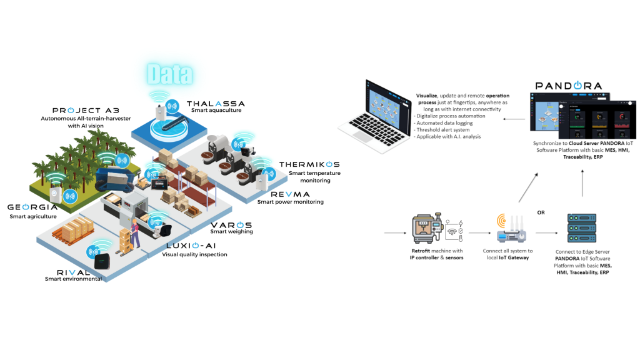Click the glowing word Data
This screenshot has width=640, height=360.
point(169,74)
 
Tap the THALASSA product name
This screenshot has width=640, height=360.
point(216,104)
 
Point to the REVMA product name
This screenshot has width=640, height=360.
point(290,194)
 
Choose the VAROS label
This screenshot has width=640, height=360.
point(231,224)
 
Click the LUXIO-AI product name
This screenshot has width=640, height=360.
point(194,246)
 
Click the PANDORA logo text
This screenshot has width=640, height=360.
point(568,85)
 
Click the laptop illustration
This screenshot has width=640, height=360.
point(374,112)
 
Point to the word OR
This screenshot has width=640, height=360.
point(541,212)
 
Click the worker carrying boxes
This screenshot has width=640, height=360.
point(132,232)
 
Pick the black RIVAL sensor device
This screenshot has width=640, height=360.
point(101,257)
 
